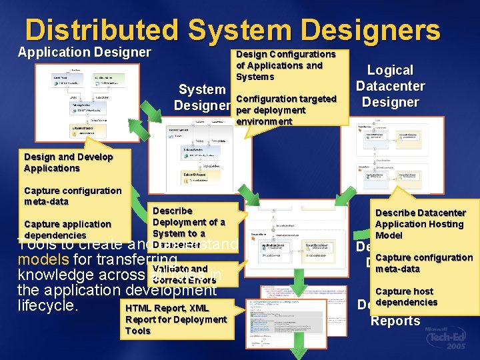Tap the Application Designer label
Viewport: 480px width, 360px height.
84,52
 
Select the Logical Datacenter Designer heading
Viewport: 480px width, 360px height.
390,86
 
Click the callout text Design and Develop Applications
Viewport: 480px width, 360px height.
69,162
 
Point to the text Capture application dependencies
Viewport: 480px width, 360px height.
67,229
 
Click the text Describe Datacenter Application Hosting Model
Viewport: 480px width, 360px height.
420,224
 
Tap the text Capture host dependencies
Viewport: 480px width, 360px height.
406,297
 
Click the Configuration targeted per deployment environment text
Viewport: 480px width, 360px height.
286,110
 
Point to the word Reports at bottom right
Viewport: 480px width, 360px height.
395,321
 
